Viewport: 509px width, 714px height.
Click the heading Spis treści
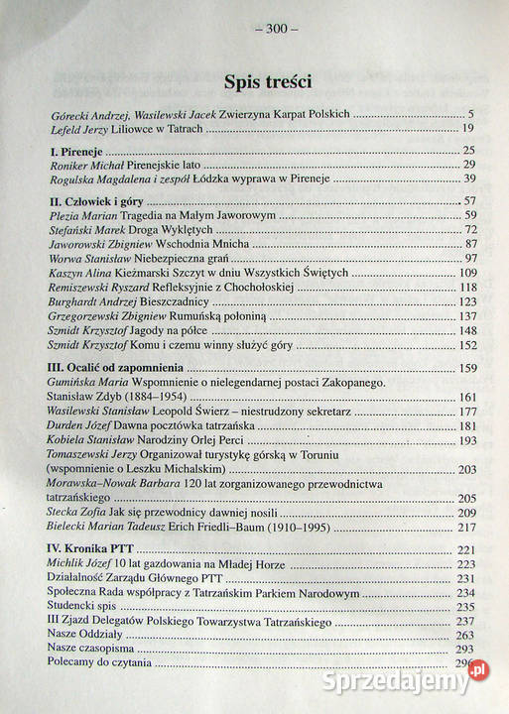pos(261,81)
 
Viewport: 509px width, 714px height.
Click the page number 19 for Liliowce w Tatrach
pos(469,129)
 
